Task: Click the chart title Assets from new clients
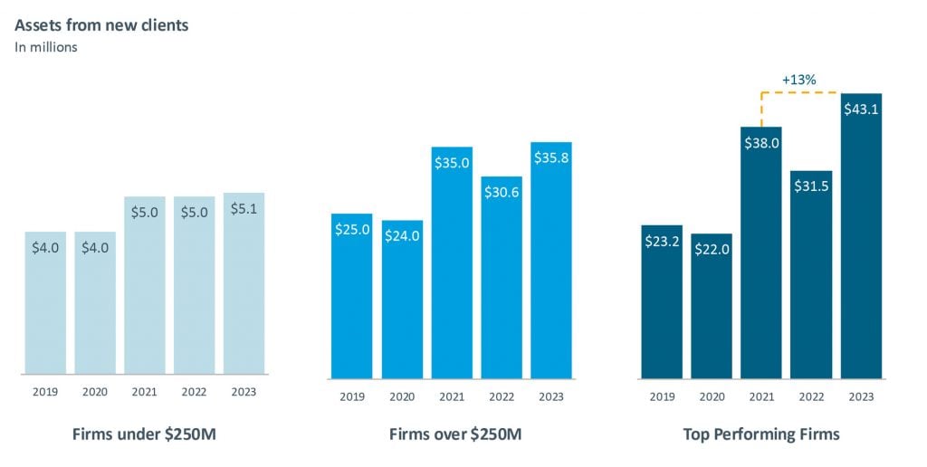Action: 101,25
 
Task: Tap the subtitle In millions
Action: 46,47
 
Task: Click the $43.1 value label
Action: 861,110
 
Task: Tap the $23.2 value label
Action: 662,242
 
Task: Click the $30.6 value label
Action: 502,193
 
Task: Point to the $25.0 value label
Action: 352,229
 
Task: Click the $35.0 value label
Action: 452,163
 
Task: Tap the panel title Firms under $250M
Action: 144,434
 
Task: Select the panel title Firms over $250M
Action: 455,434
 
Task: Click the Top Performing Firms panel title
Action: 761,434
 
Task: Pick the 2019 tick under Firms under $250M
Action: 45,392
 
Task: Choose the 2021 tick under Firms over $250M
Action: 452,396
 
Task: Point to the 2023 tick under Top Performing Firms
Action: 861,396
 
